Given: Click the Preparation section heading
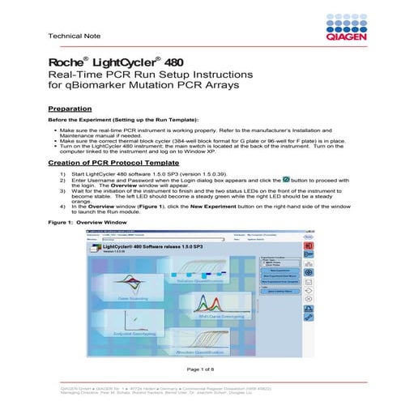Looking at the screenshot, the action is tap(70, 108).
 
